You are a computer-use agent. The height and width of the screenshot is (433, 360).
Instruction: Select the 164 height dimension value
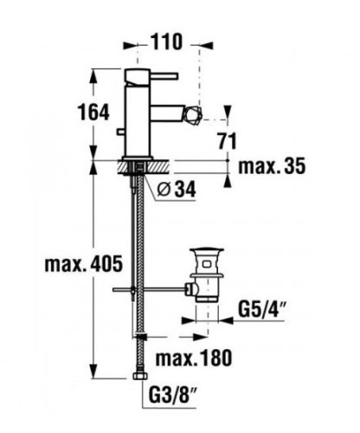[93, 112]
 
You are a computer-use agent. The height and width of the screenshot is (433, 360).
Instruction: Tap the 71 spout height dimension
[227, 141]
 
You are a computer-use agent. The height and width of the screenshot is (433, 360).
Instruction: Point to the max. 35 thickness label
[272, 166]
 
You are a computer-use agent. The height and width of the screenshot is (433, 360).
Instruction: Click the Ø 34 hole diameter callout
[177, 190]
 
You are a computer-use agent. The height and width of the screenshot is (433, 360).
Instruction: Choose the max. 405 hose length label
[84, 264]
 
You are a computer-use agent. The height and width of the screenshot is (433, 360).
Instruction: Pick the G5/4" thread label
[261, 309]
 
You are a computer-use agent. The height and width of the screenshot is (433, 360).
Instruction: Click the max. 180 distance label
[194, 358]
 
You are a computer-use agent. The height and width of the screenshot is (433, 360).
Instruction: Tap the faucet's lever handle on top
[151, 76]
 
